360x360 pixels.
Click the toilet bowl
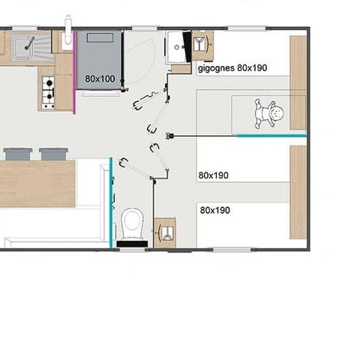[x=132, y=222]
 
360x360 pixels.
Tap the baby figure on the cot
[x=270, y=115]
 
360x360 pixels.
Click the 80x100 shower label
[x=100, y=78]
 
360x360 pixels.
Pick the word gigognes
[x=216, y=67]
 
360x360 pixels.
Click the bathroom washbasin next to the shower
[x=178, y=47]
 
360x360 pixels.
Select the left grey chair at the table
[x=16, y=154]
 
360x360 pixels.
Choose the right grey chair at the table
[x=53, y=154]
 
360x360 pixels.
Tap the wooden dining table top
[x=37, y=184]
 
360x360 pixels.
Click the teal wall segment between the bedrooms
[x=271, y=136]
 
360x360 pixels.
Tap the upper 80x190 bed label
[x=214, y=175]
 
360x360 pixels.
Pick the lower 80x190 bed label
[x=215, y=210]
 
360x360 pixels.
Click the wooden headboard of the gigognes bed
[x=298, y=82]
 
